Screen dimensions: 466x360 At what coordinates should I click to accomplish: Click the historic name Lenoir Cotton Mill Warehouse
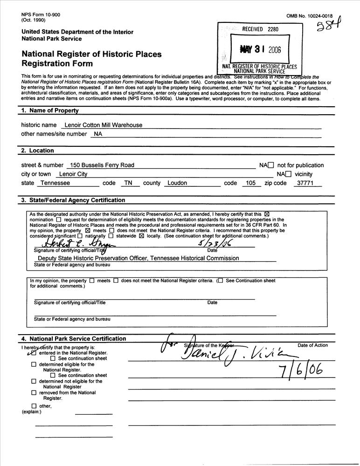pyautogui.click(x=104, y=125)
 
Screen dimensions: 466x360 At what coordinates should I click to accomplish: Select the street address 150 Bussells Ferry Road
pyautogui.click(x=101, y=165)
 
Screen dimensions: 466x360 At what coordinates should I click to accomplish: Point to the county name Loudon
pyautogui.click(x=177, y=183)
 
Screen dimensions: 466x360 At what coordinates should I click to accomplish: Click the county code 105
pyautogui.click(x=251, y=183)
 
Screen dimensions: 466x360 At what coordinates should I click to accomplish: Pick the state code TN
pyautogui.click(x=127, y=183)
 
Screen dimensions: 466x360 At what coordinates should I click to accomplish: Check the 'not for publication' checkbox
pyautogui.click(x=270, y=165)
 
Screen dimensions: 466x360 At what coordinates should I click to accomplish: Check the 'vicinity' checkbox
pyautogui.click(x=288, y=174)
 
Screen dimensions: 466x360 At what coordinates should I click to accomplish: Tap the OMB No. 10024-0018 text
pyautogui.click(x=314, y=16)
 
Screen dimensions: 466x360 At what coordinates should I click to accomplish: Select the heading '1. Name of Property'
pyautogui.click(x=50, y=110)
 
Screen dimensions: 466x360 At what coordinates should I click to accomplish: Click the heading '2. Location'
pyautogui.click(x=38, y=151)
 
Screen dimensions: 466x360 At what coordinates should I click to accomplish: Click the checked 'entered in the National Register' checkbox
pyautogui.click(x=33, y=353)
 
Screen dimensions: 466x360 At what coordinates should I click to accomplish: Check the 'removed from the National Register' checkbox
pyautogui.click(x=34, y=393)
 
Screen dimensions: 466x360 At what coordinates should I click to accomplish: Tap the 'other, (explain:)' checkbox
pyautogui.click(x=34, y=406)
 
